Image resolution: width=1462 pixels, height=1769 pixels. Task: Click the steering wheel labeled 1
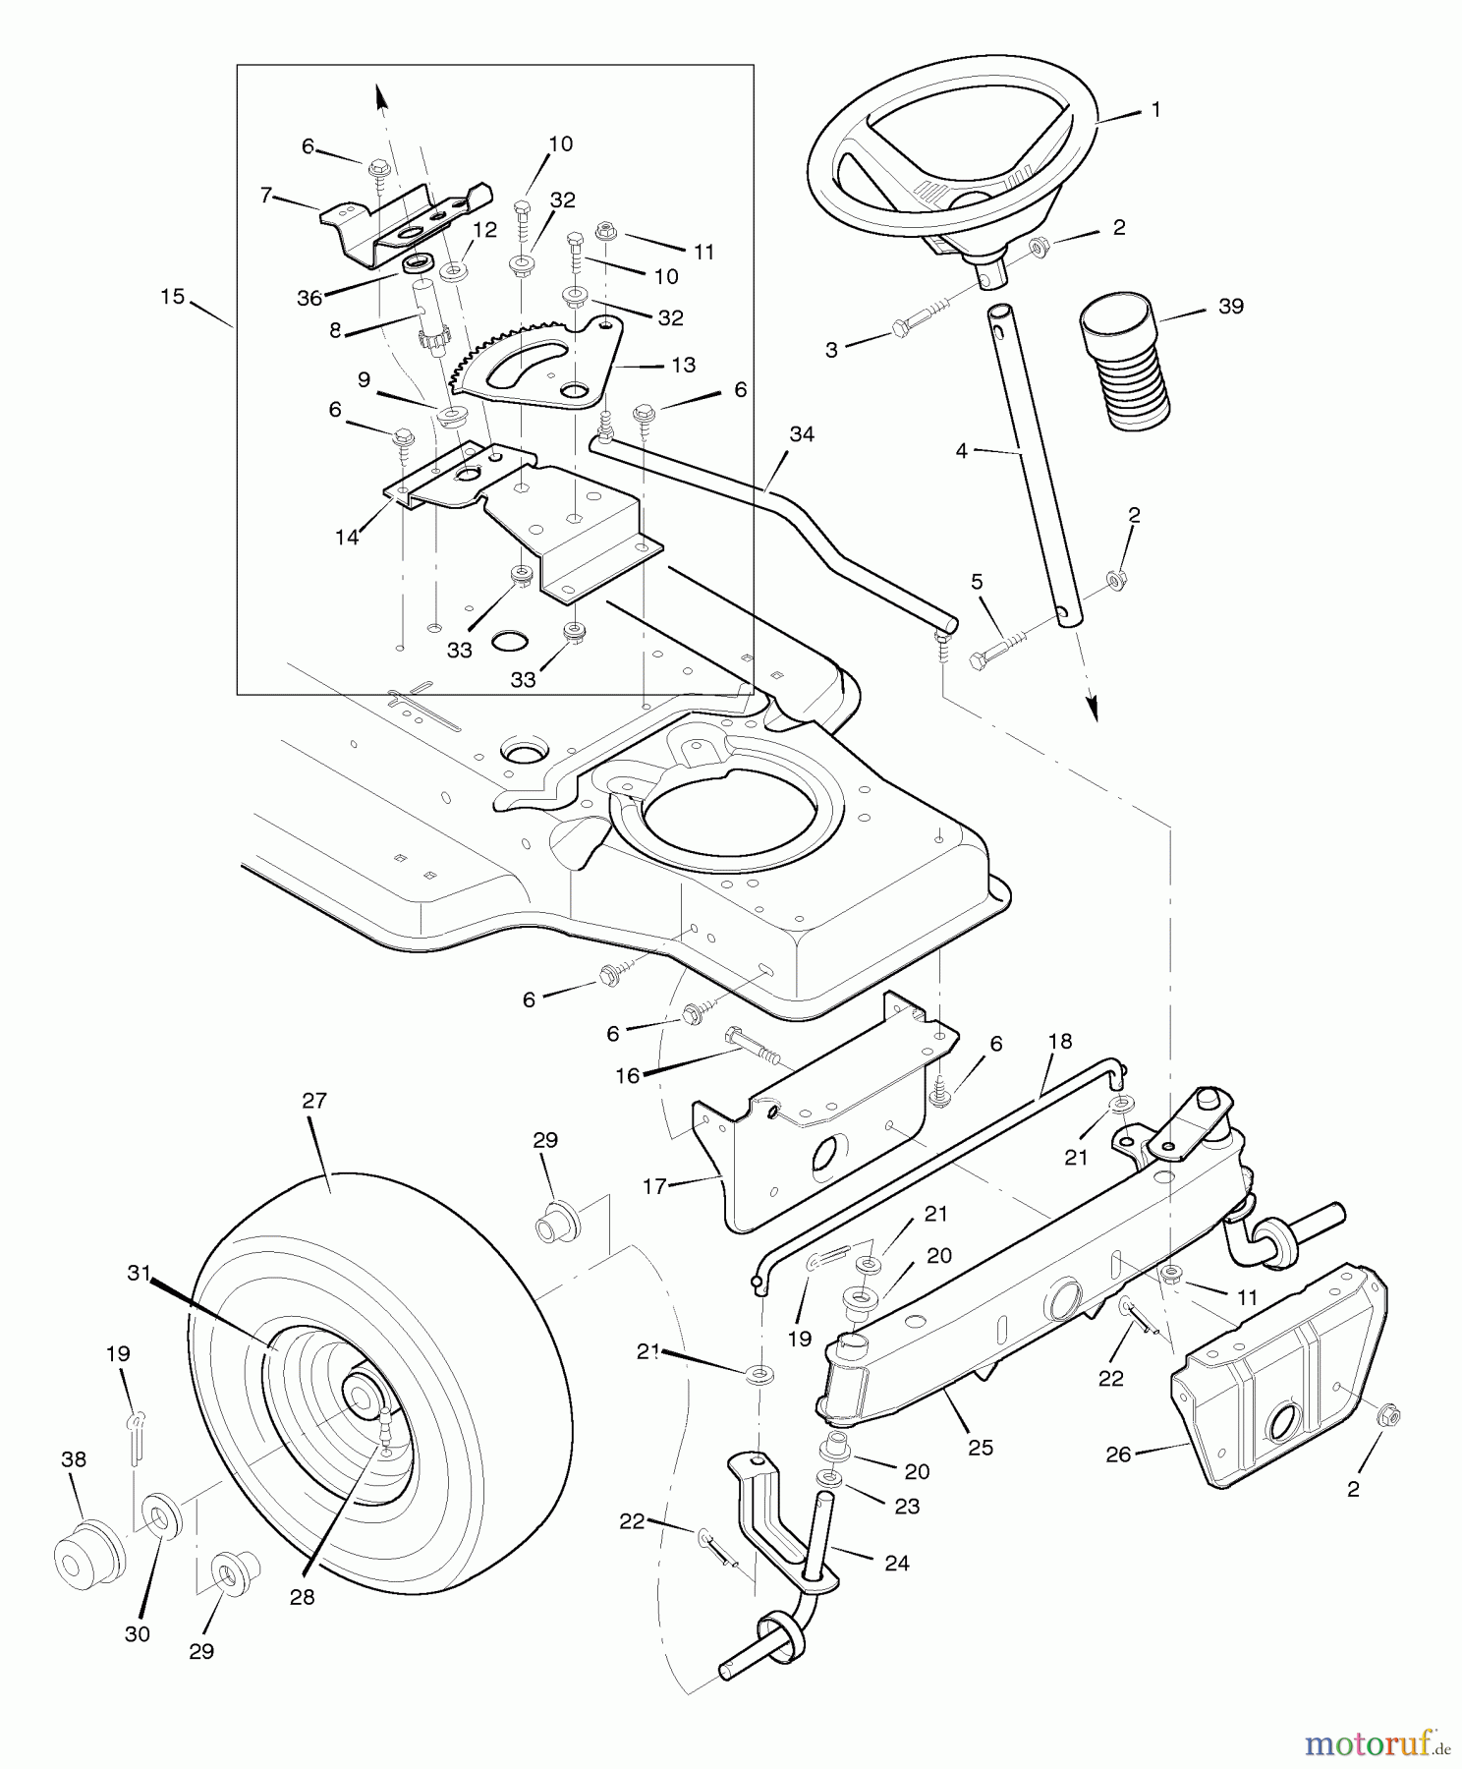[948, 147]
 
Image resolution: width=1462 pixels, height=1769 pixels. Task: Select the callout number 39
[1230, 307]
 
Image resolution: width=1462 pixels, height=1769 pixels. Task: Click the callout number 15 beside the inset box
[173, 296]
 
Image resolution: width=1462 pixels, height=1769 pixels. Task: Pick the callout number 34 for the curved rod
[802, 433]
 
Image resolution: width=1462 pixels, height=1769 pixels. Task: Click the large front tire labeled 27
[383, 1376]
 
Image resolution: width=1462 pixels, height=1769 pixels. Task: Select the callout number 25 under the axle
[980, 1447]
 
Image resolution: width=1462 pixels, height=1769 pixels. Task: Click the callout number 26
[1118, 1454]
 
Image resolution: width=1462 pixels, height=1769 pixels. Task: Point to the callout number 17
[654, 1186]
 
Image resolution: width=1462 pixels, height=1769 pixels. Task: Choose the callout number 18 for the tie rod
[1060, 1041]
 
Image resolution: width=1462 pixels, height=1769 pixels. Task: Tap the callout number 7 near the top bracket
[265, 195]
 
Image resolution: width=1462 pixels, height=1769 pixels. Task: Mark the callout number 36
[309, 298]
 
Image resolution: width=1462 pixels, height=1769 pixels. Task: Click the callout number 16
[627, 1075]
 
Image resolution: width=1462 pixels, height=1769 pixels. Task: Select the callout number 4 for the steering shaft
[961, 450]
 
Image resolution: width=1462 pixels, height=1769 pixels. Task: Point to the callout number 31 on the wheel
[140, 1273]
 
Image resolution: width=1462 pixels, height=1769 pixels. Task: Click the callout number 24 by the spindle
[897, 1562]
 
